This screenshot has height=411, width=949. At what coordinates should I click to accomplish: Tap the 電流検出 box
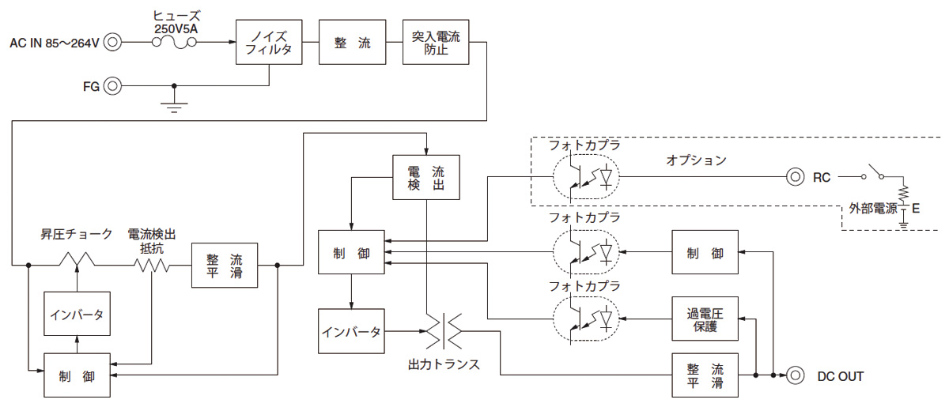426,177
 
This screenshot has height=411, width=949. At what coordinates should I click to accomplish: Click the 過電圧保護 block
705,319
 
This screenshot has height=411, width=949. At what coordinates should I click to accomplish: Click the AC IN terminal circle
113,43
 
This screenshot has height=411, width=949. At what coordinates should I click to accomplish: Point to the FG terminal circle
113,85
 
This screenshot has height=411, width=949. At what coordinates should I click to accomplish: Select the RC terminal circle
795,177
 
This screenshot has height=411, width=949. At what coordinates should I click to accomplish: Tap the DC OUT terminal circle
795,375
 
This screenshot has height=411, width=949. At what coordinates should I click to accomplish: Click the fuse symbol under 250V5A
175,44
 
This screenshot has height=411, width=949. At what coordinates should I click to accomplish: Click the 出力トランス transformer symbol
444,332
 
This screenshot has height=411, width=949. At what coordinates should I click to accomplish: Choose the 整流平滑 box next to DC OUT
705,375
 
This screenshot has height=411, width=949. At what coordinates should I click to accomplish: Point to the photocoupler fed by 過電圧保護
585,319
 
